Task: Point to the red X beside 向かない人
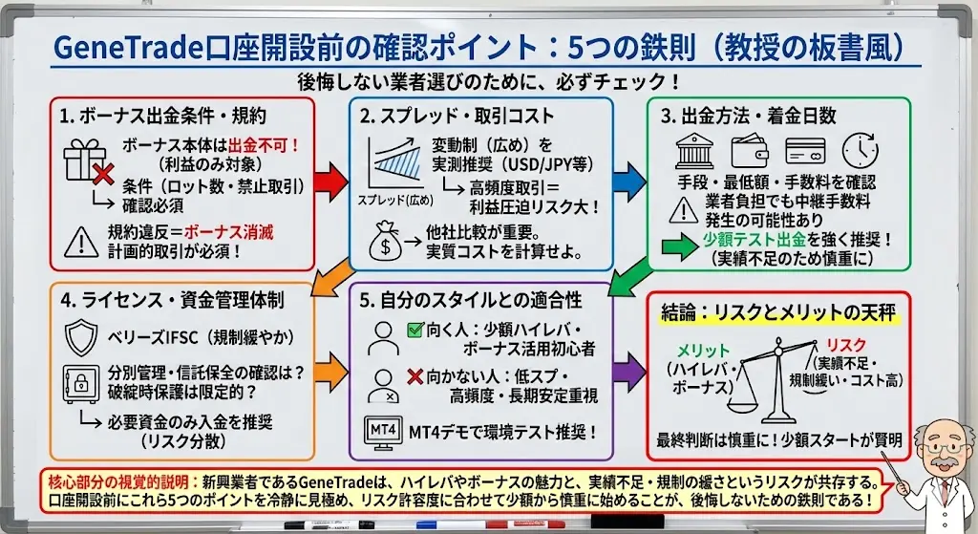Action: point(415,375)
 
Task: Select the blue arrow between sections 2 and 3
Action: point(628,176)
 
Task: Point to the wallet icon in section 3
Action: point(750,152)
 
